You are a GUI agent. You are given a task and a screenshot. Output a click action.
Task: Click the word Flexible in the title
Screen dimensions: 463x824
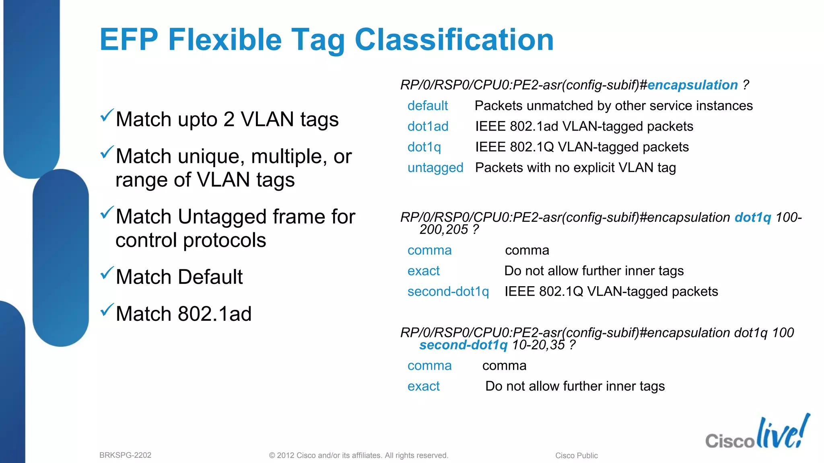coord(225,40)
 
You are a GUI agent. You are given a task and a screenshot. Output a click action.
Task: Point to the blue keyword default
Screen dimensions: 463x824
coord(427,106)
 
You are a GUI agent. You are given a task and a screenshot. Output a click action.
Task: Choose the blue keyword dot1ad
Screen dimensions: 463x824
coord(428,127)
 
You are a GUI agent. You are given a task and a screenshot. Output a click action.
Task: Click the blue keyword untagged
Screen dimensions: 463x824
coord(435,168)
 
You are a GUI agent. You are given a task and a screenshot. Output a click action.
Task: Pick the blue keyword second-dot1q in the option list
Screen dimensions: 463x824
coord(448,291)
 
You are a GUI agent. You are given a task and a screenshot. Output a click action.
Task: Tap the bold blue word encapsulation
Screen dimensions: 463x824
coord(692,85)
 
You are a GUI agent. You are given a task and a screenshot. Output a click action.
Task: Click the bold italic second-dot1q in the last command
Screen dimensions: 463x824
coord(463,345)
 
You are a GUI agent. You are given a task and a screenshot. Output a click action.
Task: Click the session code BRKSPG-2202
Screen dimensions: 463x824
coord(125,455)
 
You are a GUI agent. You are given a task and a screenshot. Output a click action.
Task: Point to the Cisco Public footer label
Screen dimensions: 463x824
coord(576,455)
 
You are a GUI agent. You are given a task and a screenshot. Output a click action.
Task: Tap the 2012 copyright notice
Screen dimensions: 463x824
coord(358,455)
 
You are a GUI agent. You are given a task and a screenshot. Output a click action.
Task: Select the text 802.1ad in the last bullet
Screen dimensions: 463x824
coord(214,314)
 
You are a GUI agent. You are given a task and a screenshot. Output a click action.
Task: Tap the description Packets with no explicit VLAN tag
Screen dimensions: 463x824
coord(575,168)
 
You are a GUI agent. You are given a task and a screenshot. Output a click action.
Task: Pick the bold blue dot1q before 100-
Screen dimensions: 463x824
coord(753,217)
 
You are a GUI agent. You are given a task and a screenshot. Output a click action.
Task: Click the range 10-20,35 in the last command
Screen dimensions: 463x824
coord(538,345)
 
